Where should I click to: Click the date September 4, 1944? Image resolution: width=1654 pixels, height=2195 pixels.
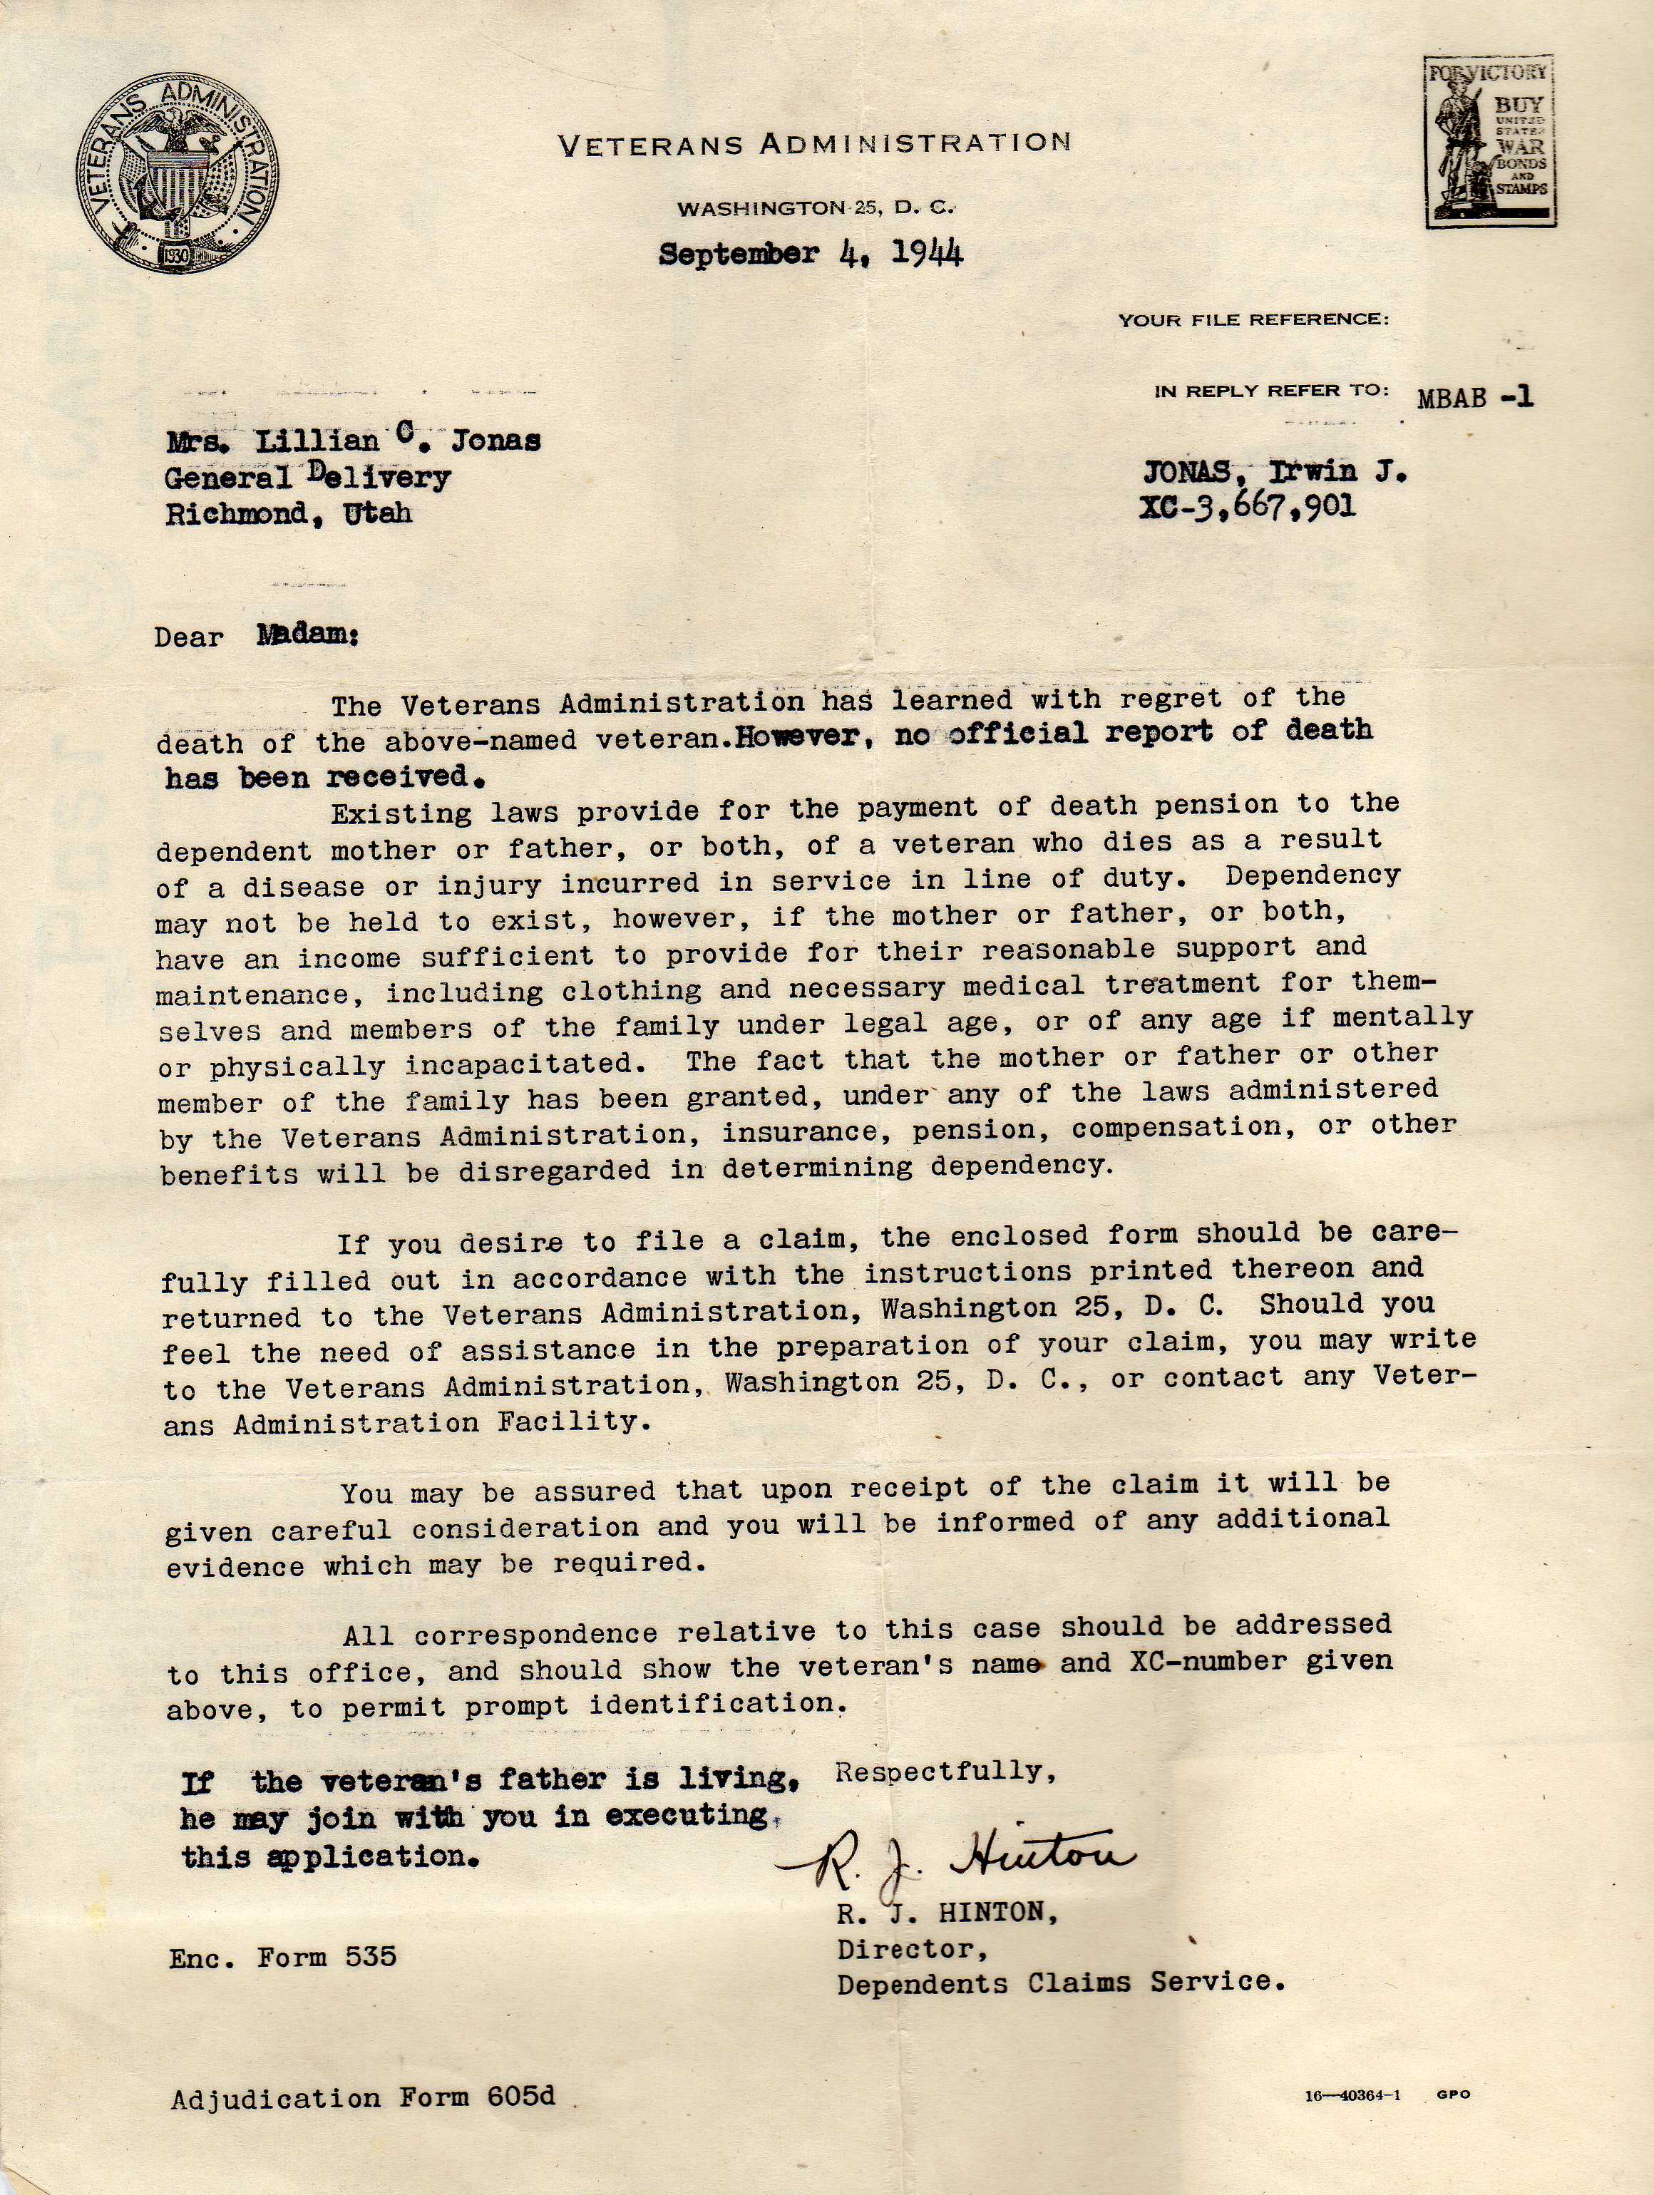pyautogui.click(x=811, y=253)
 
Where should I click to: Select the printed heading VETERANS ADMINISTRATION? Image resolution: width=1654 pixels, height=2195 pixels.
pyautogui.click(x=815, y=145)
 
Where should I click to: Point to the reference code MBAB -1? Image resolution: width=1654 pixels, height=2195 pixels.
pyautogui.click(x=1475, y=398)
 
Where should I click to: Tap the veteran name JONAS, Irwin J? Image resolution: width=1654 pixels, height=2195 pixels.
pyautogui.click(x=1274, y=473)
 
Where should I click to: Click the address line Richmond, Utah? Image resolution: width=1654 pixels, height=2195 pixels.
pyautogui.click(x=288, y=514)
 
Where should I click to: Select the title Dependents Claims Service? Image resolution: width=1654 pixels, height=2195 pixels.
pyautogui.click(x=1061, y=1983)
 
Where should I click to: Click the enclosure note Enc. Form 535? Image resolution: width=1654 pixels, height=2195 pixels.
pyautogui.click(x=283, y=1957)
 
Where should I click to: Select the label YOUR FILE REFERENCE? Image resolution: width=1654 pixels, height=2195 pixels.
pyautogui.click(x=1253, y=321)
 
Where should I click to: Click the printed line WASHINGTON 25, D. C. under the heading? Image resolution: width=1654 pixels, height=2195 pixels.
pyautogui.click(x=815, y=208)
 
